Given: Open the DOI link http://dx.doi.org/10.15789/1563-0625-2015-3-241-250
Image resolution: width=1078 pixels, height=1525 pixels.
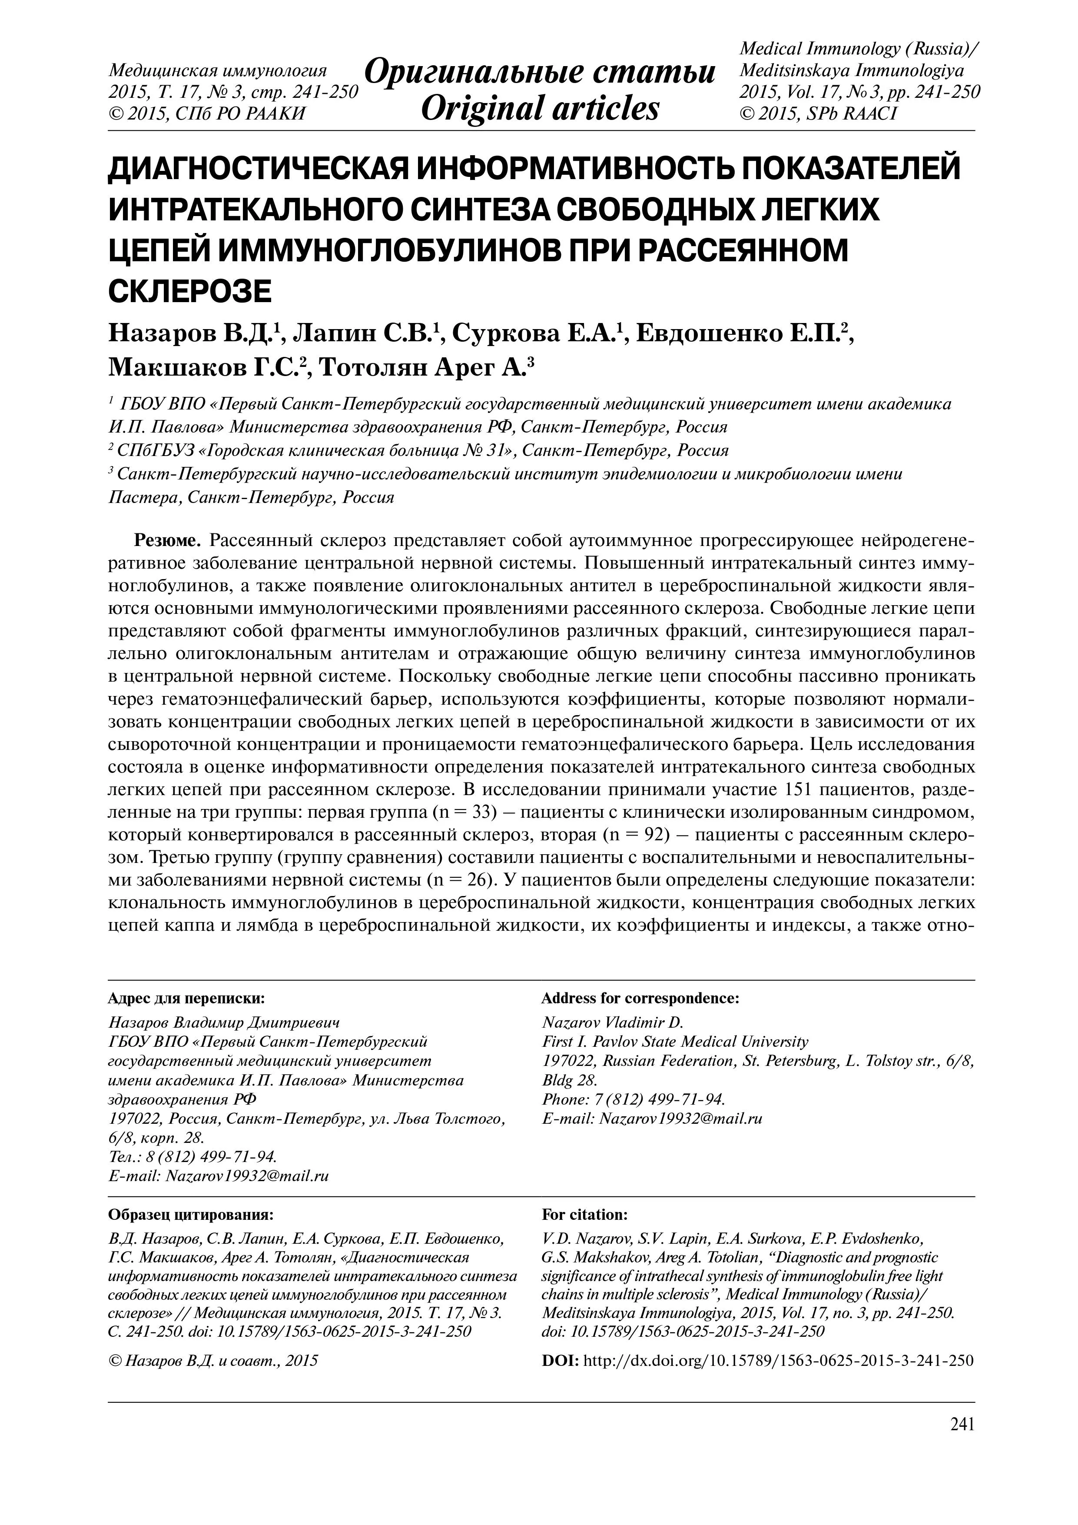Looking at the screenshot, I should pos(776,1360).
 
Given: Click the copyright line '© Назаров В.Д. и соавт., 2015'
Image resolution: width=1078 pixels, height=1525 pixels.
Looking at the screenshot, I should pos(212,1360).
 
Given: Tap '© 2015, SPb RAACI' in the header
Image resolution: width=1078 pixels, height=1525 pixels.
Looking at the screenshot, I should pos(818,113).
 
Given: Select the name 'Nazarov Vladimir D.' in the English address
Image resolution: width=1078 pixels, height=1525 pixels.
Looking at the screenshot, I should pos(613,1022).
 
